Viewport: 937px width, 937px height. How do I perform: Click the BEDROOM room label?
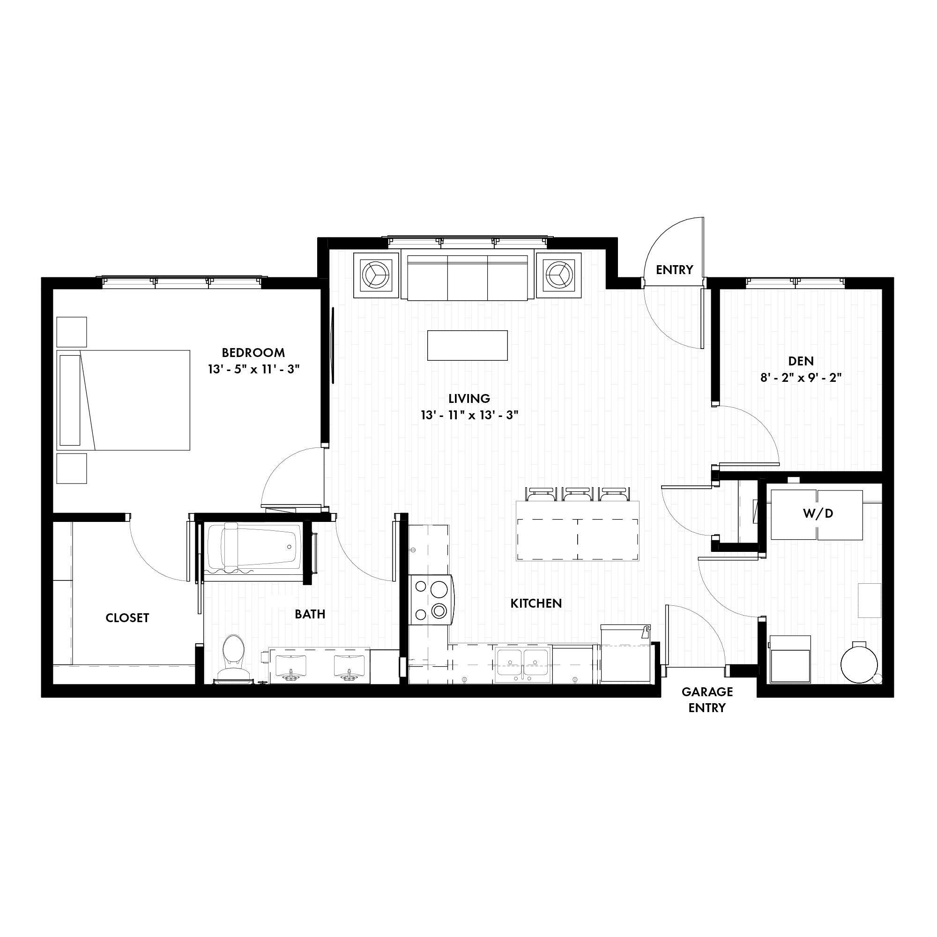coord(253,352)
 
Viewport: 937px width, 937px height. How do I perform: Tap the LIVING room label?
coord(469,398)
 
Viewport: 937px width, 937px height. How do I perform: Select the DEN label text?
coord(801,361)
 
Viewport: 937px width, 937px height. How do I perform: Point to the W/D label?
coord(818,513)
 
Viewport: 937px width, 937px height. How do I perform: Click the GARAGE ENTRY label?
coord(706,699)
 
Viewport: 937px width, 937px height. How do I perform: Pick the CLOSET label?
coord(127,617)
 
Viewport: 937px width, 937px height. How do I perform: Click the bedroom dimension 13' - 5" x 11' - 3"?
coord(253,369)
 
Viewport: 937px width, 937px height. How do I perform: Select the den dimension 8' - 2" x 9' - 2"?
coord(800,377)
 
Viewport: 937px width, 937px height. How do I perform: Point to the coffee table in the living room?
coord(467,345)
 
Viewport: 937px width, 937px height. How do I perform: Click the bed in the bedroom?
coord(123,400)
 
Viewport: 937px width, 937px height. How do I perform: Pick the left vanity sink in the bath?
coord(290,665)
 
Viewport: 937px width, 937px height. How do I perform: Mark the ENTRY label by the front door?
coord(674,270)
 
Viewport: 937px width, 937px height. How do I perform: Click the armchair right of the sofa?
coord(559,275)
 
